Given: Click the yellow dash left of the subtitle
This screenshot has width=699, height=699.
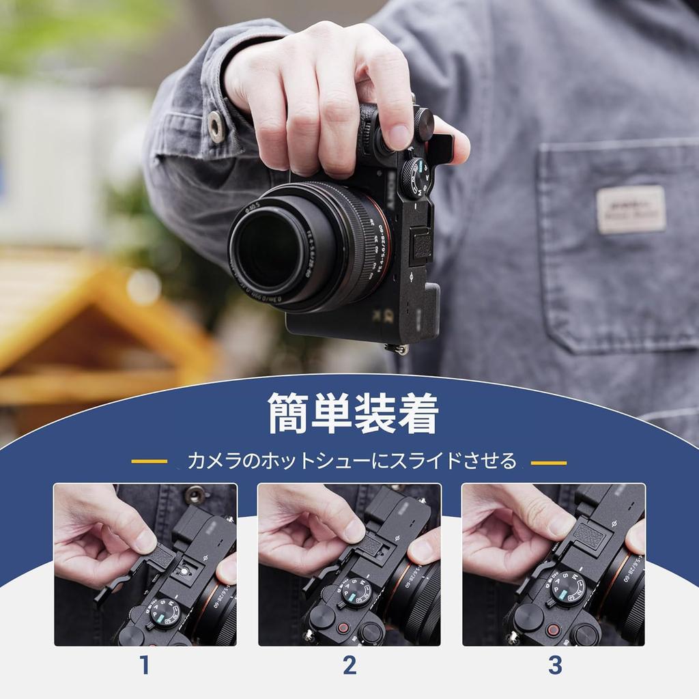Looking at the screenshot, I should click(149, 461).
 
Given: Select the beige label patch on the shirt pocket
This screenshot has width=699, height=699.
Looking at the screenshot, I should click(631, 209).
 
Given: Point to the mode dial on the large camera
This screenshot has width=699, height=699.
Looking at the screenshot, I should click(415, 177).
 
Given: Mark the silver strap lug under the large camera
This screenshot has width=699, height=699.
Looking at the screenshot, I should click(397, 349).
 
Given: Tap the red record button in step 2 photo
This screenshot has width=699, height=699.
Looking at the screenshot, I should click(343, 627).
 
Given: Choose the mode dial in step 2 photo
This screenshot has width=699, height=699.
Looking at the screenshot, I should click(359, 591).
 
